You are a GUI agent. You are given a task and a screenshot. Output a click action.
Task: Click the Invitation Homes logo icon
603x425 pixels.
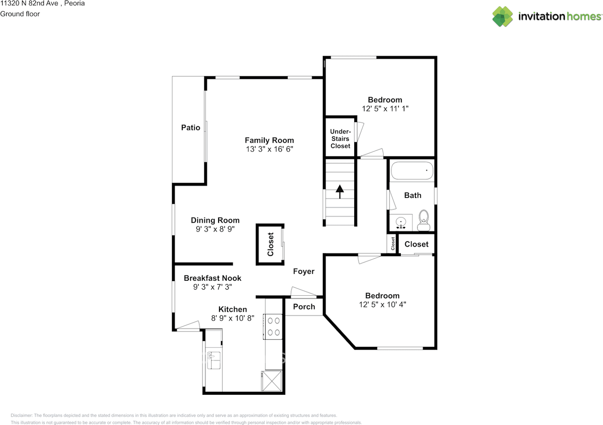503,17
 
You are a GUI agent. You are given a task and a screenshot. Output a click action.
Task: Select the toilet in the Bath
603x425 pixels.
424,221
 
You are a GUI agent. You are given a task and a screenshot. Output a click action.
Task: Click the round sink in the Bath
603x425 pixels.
401,222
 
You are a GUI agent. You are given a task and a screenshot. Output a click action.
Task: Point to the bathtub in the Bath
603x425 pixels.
412,171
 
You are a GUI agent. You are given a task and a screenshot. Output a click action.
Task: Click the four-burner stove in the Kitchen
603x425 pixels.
274,326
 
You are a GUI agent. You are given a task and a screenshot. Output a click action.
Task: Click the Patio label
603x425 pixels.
191,128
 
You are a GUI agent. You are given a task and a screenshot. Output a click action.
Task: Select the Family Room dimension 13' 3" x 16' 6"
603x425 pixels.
269,149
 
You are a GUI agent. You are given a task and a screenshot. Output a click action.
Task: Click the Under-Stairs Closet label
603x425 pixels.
340,139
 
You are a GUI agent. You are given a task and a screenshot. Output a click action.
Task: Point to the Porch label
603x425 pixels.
304,307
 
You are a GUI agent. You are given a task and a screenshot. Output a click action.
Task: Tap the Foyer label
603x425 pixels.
303,271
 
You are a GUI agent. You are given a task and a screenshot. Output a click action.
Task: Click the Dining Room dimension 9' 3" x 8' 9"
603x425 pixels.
215,229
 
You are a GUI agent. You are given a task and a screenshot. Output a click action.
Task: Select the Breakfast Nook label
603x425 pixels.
212,278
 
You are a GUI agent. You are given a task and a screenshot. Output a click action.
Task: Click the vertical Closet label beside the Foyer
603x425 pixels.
270,244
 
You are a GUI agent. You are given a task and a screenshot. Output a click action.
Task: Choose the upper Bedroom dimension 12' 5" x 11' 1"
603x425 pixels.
385,108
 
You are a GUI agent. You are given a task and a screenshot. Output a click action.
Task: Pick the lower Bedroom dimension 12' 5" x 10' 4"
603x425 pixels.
383,305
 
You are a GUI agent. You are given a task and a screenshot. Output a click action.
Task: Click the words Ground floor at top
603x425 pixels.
20,14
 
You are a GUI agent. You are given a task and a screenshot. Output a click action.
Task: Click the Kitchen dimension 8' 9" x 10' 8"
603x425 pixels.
233,318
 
